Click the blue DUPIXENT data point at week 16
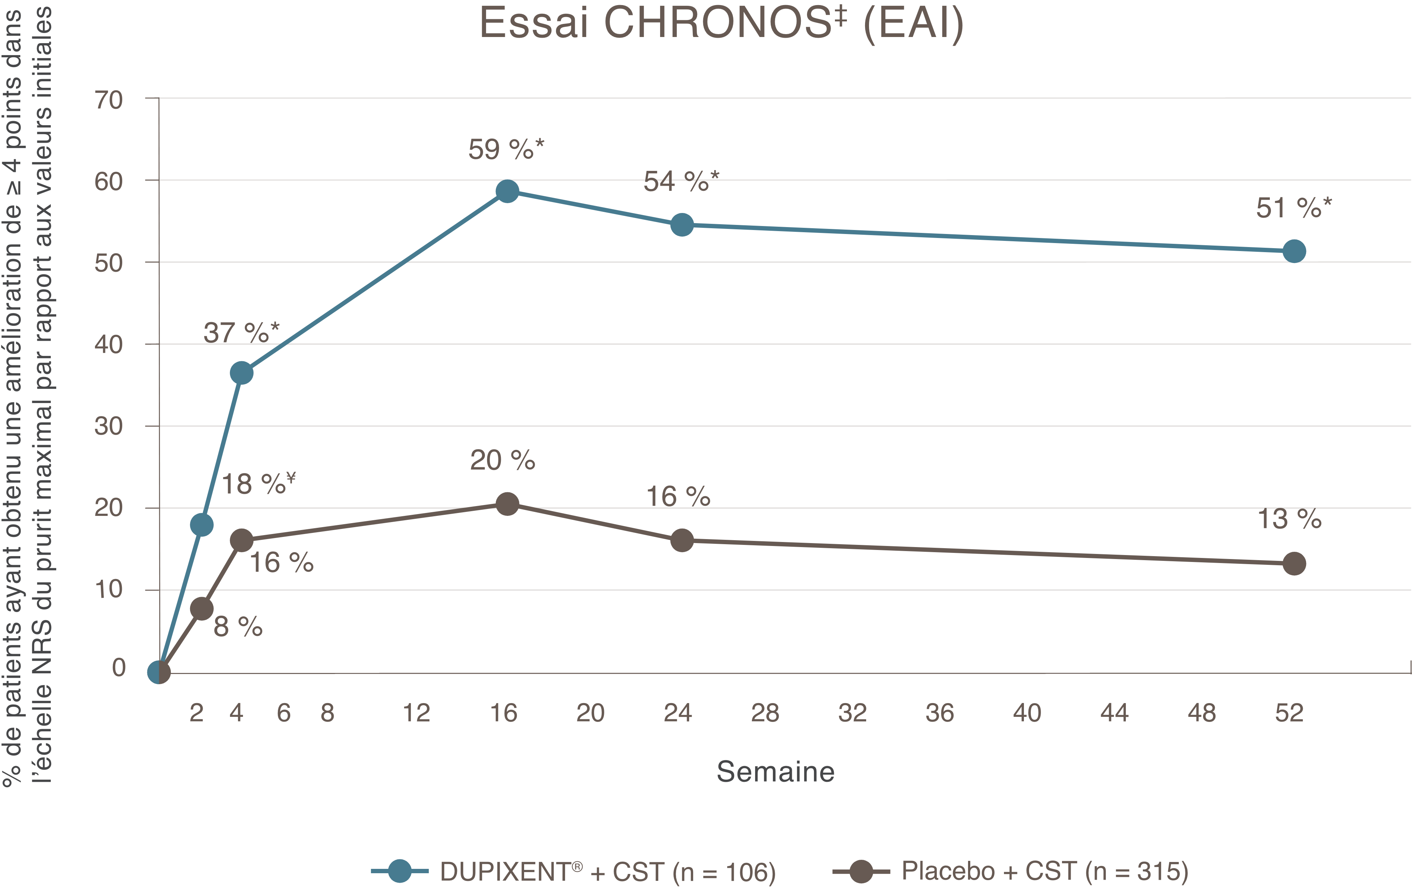[x=507, y=191]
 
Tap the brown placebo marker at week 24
[x=682, y=540]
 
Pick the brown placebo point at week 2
[x=202, y=609]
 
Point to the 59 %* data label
[x=506, y=149]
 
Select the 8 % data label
[x=238, y=627]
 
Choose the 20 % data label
[x=503, y=460]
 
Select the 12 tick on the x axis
[x=416, y=713]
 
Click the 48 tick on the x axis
[x=1202, y=713]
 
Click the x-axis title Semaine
[x=775, y=771]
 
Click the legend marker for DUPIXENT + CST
[x=400, y=871]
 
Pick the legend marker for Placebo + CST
[x=861, y=871]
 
